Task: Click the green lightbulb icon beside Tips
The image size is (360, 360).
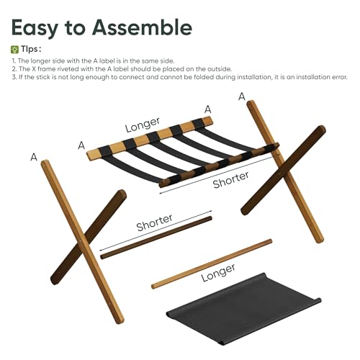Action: tap(15, 49)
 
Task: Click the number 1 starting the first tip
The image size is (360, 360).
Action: tap(13, 60)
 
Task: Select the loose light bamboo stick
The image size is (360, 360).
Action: tap(212, 264)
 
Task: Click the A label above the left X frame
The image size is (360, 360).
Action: tap(34, 156)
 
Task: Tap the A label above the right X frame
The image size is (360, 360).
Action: tap(242, 96)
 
